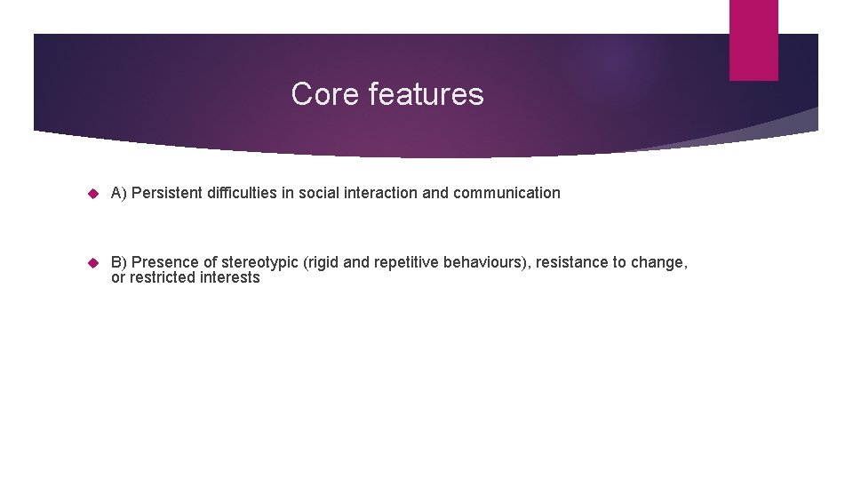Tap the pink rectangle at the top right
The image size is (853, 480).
753,40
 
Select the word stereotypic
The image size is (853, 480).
259,263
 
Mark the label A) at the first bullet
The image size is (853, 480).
119,193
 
